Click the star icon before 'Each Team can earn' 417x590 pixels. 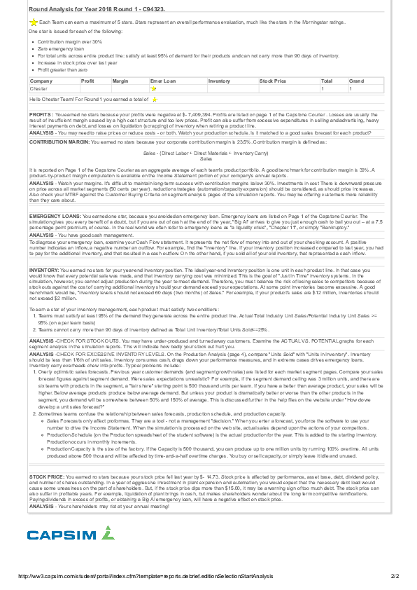pos(34,22)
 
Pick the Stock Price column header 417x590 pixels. pos(273,81)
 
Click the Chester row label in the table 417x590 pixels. pos(39,89)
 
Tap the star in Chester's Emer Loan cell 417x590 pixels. pos(154,90)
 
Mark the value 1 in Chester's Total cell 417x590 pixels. pos(323,89)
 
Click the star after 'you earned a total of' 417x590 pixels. pos(155,101)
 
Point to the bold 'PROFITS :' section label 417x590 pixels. pos(41,114)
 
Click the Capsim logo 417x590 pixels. pos(70,535)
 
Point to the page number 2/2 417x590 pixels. pos(394,576)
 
